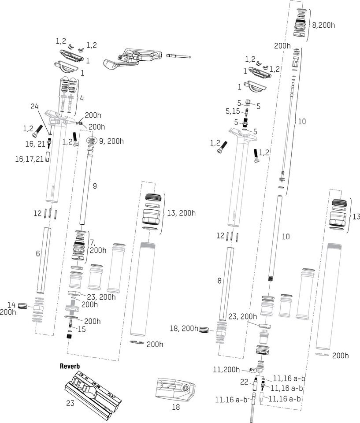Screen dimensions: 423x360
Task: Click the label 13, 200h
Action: pos(181,213)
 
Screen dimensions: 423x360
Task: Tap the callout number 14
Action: pos(11,304)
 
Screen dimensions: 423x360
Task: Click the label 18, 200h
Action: pos(184,328)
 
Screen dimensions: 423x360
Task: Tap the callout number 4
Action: pos(82,98)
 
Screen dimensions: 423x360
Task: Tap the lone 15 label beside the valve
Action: pos(82,330)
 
